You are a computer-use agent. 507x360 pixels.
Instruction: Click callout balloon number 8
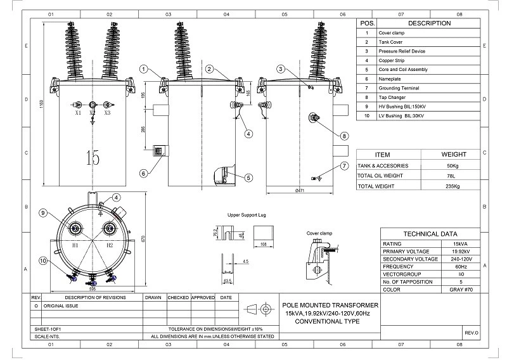(344, 135)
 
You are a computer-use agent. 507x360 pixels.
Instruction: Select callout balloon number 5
(248, 178)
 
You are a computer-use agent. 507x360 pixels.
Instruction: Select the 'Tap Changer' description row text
(392, 98)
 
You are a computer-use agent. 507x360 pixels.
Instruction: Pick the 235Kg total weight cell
(452, 186)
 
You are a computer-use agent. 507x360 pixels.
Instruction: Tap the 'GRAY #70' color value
(452, 288)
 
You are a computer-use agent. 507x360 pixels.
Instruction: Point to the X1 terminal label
(77, 113)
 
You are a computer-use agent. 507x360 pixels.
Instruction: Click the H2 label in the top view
(109, 244)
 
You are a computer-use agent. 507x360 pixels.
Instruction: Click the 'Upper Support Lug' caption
(247, 215)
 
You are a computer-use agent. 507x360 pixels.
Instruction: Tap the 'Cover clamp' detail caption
(319, 233)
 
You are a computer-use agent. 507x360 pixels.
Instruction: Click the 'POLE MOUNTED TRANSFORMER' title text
(330, 305)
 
